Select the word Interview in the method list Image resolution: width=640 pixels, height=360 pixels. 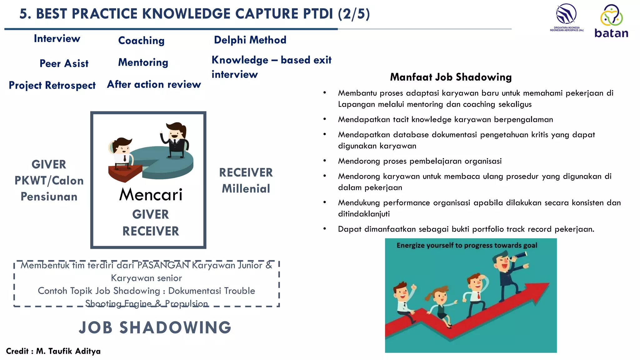point(57,38)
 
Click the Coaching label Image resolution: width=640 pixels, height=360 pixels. point(141,40)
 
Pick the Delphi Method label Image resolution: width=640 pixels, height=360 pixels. point(250,40)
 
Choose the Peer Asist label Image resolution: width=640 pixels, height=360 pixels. point(64,63)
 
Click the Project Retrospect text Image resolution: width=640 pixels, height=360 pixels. point(52,85)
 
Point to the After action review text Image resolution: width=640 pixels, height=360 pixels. point(154,84)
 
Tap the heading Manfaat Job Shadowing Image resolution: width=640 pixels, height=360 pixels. point(451,77)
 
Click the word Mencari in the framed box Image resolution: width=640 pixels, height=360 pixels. point(151,195)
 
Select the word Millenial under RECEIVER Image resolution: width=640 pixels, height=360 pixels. point(246,189)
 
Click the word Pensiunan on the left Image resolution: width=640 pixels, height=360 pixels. point(49,197)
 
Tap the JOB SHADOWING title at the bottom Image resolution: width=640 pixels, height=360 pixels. point(155,327)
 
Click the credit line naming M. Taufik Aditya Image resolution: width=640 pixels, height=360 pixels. point(53,351)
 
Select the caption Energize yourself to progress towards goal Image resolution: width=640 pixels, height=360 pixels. point(467,245)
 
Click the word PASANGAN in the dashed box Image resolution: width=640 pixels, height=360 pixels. point(163,265)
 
